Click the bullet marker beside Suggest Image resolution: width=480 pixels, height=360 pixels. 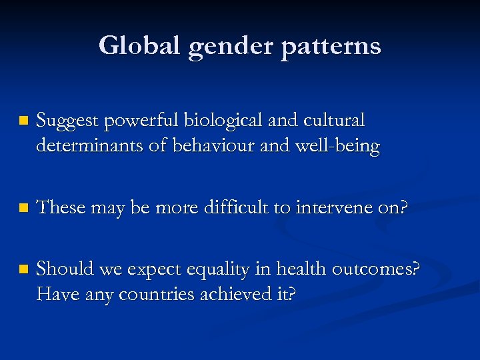[24, 121]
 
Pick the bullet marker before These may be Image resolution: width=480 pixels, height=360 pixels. [24, 208]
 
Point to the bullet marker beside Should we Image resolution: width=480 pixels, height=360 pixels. [24, 270]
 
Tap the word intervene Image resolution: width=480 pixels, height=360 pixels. [325, 207]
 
